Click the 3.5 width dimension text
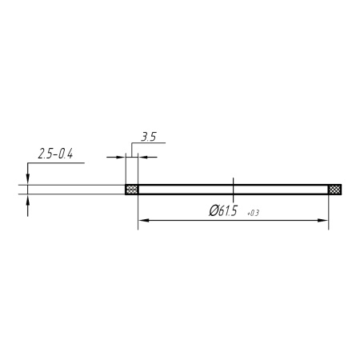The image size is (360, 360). click(148, 137)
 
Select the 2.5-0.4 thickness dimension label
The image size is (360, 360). click(55, 154)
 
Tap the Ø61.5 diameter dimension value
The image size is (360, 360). click(225, 211)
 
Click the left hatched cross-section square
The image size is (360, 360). click(132, 190)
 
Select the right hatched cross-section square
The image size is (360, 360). click(335, 190)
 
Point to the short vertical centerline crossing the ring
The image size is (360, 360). click(233, 189)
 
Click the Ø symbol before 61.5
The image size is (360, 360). click(213, 211)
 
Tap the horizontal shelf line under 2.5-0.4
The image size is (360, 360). click(56, 162)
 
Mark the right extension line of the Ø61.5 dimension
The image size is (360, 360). click(329, 212)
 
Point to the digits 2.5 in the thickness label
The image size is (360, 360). click(44, 154)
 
